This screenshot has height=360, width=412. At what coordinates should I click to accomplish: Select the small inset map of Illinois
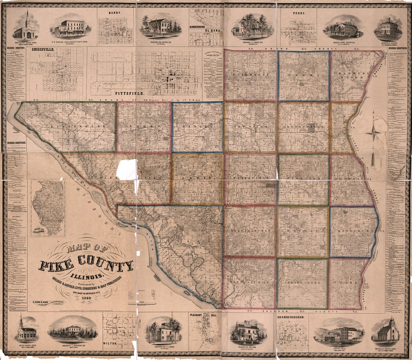click(48, 208)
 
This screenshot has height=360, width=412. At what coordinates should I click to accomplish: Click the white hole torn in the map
click(127, 169)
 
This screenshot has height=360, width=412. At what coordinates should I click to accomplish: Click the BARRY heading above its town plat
click(115, 13)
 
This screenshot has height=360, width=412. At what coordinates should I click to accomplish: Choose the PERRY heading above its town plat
click(298, 13)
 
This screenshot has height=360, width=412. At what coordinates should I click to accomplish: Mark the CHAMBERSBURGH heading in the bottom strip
click(293, 316)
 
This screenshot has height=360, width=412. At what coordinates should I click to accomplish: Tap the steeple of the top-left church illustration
click(27, 17)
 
